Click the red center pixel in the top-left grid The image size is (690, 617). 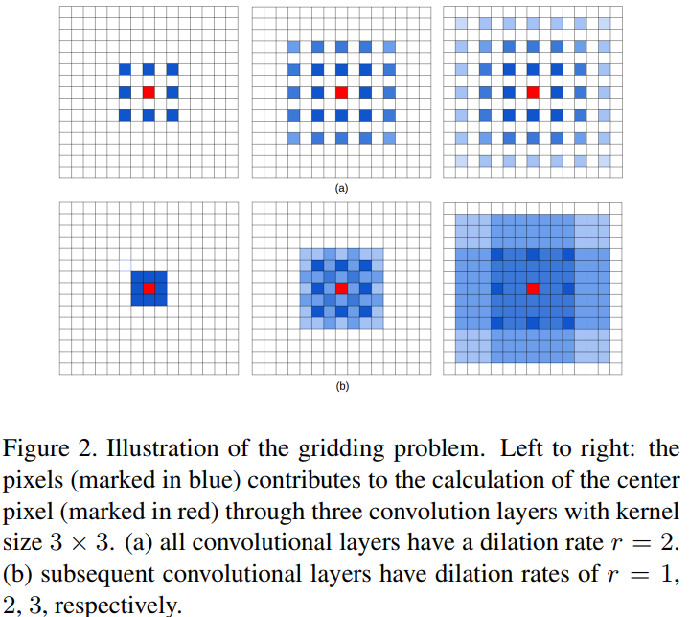click(149, 92)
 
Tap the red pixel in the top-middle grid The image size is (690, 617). click(340, 92)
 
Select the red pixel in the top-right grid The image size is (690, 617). click(533, 92)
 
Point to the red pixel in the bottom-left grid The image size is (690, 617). click(149, 288)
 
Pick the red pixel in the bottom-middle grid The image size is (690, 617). click(340, 288)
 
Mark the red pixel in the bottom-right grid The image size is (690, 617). click(533, 288)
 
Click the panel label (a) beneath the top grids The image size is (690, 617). click(341, 189)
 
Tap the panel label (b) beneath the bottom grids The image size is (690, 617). click(341, 386)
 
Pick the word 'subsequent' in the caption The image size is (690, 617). click(90, 575)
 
